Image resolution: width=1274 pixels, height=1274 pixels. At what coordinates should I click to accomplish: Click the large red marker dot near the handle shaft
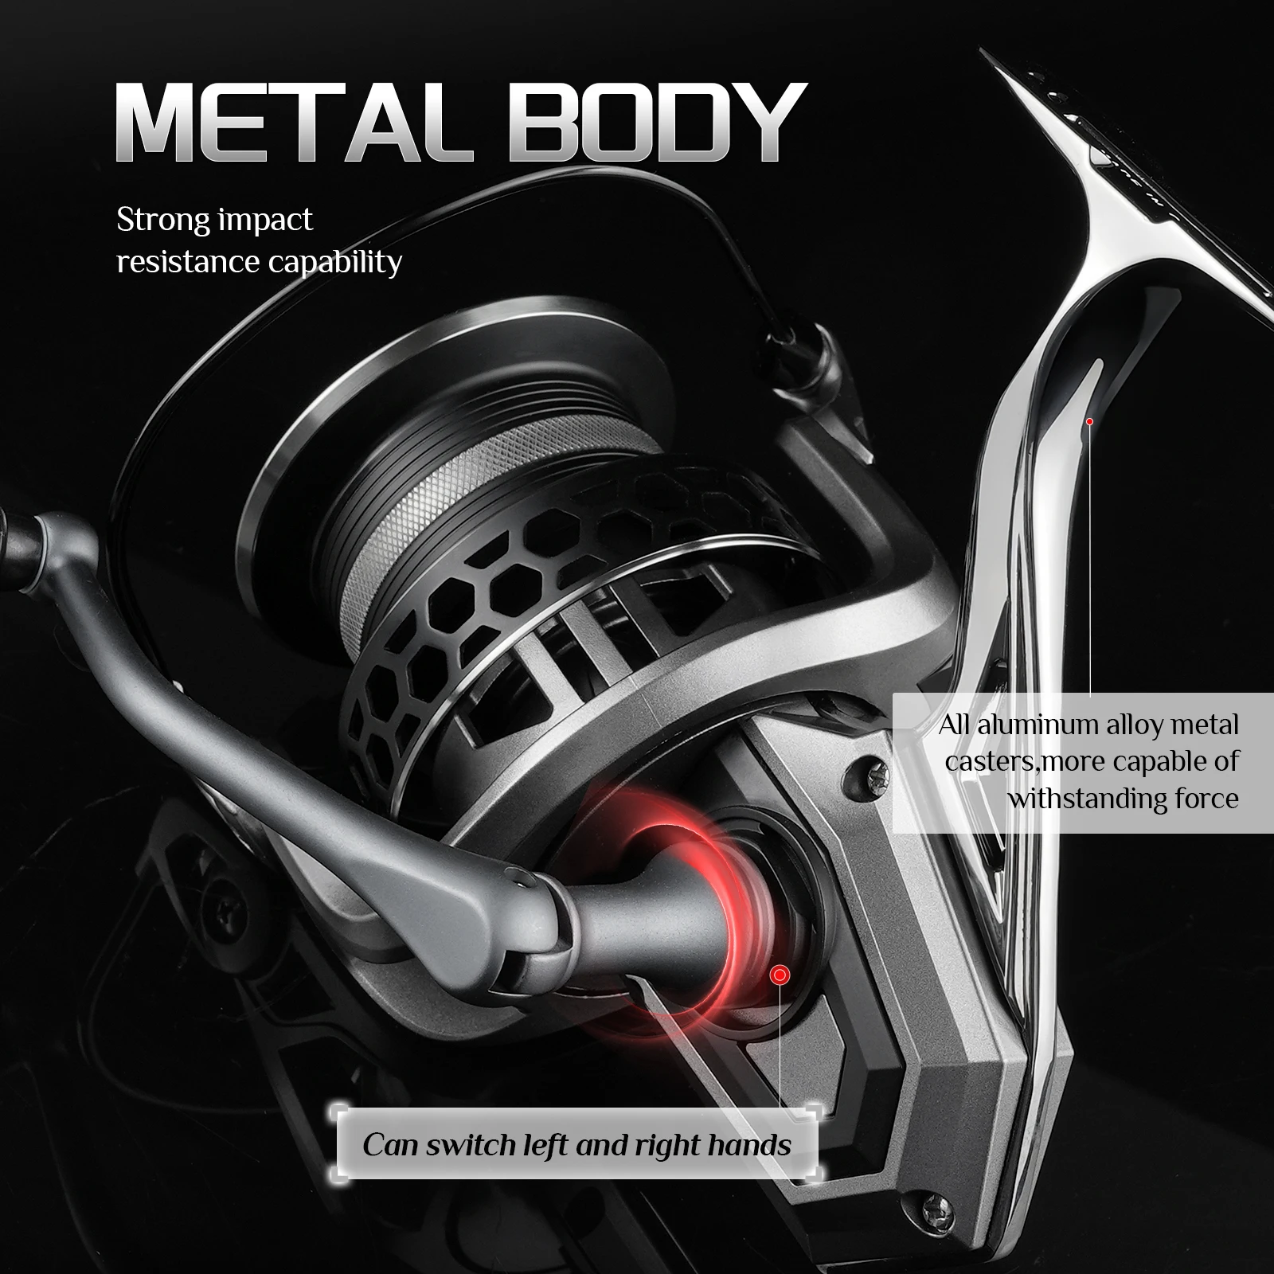click(780, 975)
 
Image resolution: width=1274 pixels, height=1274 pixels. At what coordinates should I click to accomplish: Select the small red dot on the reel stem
click(1090, 421)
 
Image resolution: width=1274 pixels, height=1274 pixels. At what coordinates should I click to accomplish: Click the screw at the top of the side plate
click(858, 770)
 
